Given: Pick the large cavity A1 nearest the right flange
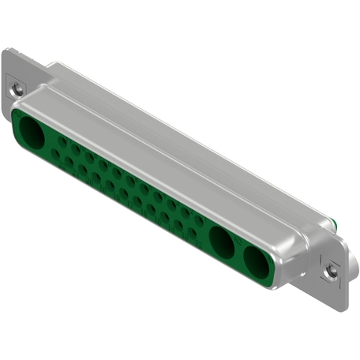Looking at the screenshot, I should (x=257, y=261).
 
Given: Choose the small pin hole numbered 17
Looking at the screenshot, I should (x=123, y=193).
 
